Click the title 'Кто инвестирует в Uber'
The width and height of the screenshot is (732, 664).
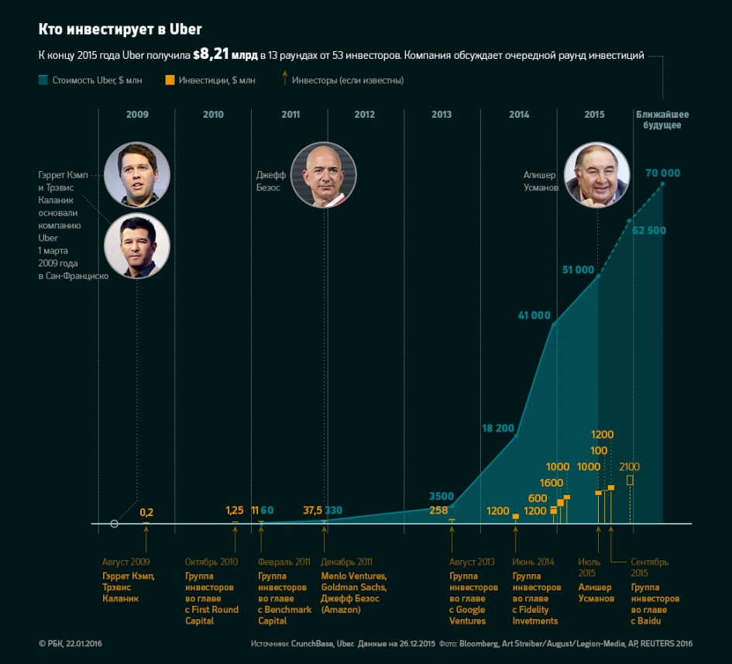pos(120,29)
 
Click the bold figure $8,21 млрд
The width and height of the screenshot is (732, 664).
pos(224,55)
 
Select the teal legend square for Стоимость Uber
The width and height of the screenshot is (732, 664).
pos(43,80)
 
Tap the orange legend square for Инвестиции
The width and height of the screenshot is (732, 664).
pos(170,80)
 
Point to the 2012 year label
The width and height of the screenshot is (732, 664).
pos(364,115)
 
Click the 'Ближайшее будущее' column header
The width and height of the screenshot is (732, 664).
pos(662,119)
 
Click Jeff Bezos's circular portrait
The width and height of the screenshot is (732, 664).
pos(324,174)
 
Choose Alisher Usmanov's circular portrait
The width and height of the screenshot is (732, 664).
pos(597,174)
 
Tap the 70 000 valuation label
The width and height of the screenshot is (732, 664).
pos(662,173)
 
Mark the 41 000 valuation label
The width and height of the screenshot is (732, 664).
pos(534,315)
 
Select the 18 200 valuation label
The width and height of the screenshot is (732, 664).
pos(498,428)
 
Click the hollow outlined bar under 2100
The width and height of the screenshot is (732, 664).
pos(630,480)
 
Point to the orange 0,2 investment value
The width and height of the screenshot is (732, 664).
pos(146,512)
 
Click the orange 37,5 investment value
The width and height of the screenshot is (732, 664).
pos(313,511)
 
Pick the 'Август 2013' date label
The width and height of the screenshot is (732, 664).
pos(472,562)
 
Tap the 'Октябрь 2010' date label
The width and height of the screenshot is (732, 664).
pos(211,562)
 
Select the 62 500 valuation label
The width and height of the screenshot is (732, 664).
pos(649,231)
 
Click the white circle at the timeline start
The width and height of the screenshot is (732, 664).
pos(115,524)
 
